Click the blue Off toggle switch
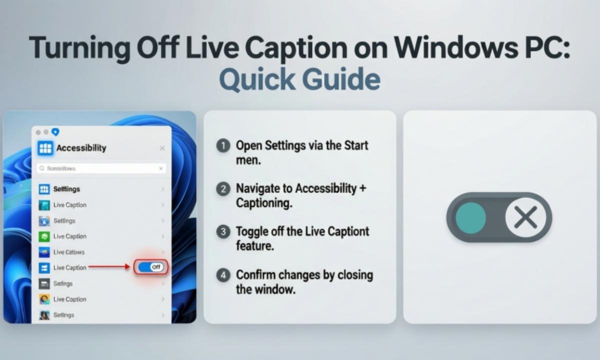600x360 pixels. point(151,267)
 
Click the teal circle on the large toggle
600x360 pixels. point(470,217)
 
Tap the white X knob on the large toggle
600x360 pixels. point(525,217)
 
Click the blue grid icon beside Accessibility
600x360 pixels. point(45,148)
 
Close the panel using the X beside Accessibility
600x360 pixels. point(162,148)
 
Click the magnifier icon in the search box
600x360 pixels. point(42,169)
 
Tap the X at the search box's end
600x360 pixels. point(161,169)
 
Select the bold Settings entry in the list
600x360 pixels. point(66,189)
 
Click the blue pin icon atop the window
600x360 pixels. point(55,132)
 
